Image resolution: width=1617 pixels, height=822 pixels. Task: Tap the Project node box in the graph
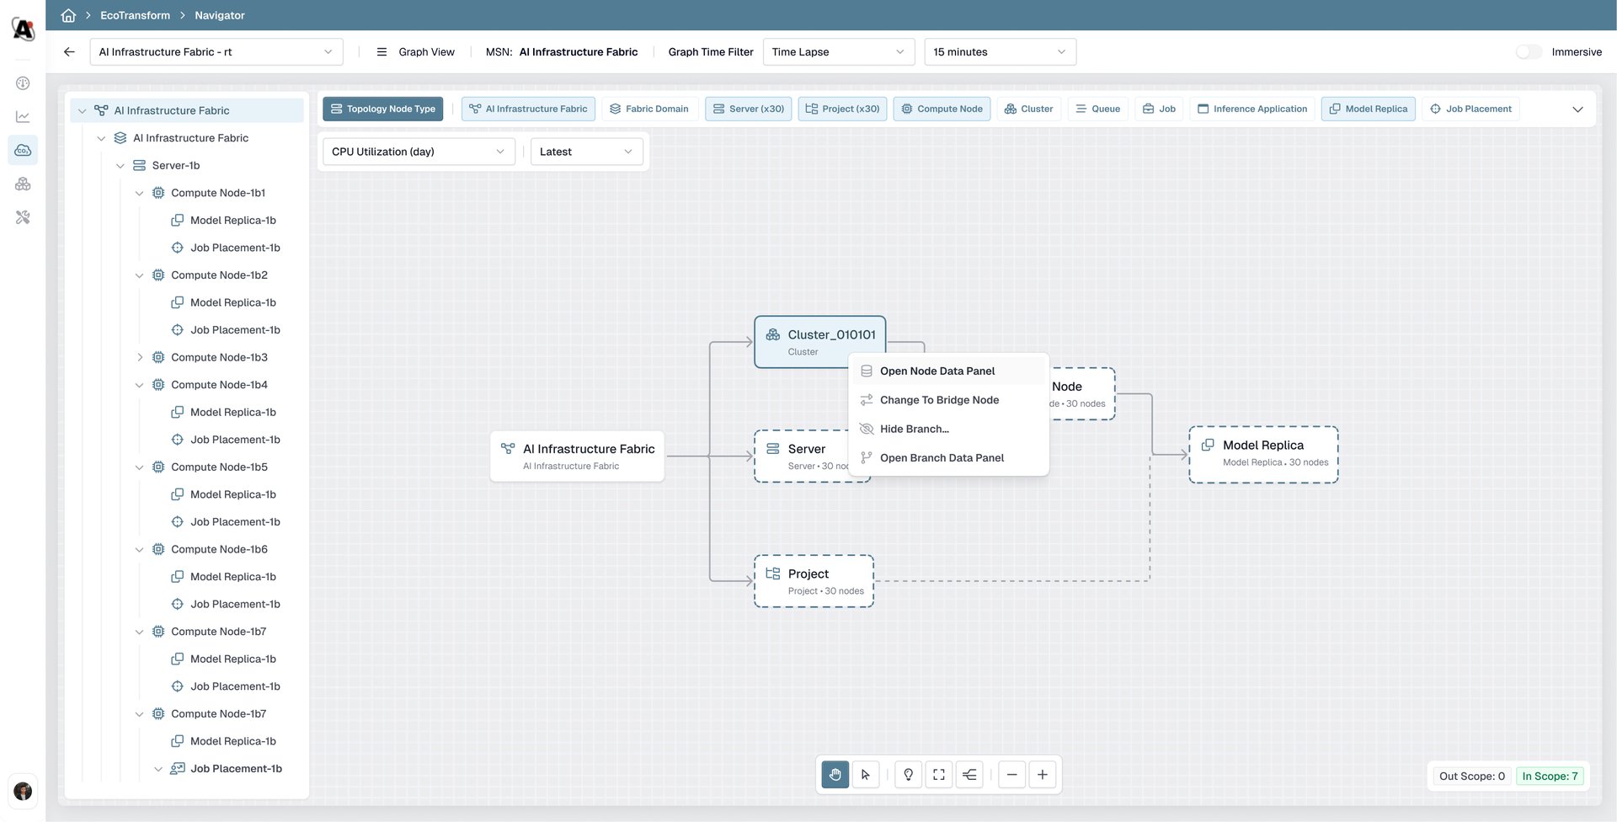pyautogui.click(x=814, y=581)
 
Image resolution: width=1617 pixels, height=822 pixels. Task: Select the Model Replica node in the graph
pyautogui.click(x=1263, y=454)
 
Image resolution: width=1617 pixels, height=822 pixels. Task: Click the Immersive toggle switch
pyautogui.click(x=1529, y=52)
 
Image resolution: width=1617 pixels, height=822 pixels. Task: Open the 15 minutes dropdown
pyautogui.click(x=1000, y=52)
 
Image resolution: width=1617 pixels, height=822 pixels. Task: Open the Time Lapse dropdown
pyautogui.click(x=839, y=52)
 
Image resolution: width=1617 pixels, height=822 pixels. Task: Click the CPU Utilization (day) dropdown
pyautogui.click(x=419, y=152)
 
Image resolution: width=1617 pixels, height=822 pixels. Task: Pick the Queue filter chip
pyautogui.click(x=1098, y=109)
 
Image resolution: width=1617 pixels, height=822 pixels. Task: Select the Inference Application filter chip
pyautogui.click(x=1252, y=109)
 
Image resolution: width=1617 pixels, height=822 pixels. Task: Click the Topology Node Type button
pyautogui.click(x=383, y=109)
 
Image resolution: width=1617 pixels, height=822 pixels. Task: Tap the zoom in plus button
pyautogui.click(x=1043, y=775)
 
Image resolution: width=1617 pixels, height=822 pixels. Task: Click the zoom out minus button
pyautogui.click(x=1011, y=775)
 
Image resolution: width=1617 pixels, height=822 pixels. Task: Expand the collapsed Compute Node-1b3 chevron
pyautogui.click(x=140, y=357)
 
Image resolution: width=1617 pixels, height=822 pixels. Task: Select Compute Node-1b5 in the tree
pyautogui.click(x=219, y=467)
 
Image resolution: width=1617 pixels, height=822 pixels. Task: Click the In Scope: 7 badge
pyautogui.click(x=1550, y=777)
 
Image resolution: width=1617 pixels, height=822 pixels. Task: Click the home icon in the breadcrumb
pyautogui.click(x=69, y=15)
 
